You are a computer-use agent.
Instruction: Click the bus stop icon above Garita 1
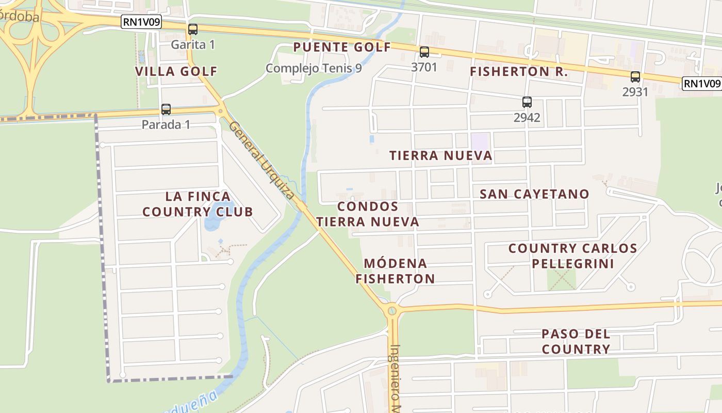pyautogui.click(x=193, y=29)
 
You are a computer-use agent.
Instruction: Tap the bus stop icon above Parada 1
pyautogui.click(x=166, y=109)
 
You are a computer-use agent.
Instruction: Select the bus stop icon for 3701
pyautogui.click(x=424, y=52)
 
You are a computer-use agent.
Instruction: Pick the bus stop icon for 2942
pyautogui.click(x=527, y=102)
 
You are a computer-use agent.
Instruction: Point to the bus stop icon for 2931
pyautogui.click(x=635, y=77)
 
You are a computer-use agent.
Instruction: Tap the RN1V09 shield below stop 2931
pyautogui.click(x=701, y=84)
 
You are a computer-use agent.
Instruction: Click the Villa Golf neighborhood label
pyautogui.click(x=176, y=71)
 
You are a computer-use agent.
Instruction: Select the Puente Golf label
pyautogui.click(x=342, y=47)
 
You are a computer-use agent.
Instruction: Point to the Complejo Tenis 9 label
pyautogui.click(x=314, y=68)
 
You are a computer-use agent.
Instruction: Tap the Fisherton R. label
pyautogui.click(x=519, y=72)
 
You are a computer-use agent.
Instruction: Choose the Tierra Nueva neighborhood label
pyautogui.click(x=440, y=155)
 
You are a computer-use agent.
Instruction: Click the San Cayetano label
pyautogui.click(x=534, y=194)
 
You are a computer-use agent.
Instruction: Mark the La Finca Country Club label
pyautogui.click(x=198, y=204)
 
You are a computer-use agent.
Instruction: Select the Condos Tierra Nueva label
pyautogui.click(x=368, y=214)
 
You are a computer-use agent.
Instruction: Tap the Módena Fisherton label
pyautogui.click(x=396, y=271)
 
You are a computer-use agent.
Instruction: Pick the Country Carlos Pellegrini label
pyautogui.click(x=573, y=256)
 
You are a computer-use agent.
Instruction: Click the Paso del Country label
pyautogui.click(x=576, y=342)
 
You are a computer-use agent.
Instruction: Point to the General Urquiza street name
pyautogui.click(x=262, y=160)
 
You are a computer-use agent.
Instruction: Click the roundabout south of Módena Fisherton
pyautogui.click(x=392, y=311)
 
